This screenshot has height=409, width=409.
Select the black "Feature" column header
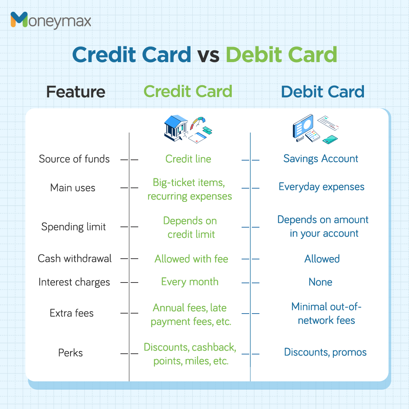[x=76, y=92]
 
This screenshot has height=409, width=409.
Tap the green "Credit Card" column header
[x=188, y=92]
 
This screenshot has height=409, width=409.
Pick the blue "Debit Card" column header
[x=323, y=92]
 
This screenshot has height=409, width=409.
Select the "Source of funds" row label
[x=74, y=159]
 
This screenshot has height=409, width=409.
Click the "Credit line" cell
[x=188, y=159]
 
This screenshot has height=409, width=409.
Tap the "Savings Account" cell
[x=321, y=159]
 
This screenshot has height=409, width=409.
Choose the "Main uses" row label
[x=73, y=188]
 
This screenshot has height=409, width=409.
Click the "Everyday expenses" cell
[x=322, y=187]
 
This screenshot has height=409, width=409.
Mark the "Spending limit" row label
[x=73, y=227]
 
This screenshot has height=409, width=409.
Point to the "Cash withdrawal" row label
[x=75, y=259]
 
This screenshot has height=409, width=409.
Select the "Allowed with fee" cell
[x=191, y=259]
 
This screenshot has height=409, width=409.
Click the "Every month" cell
[x=190, y=282]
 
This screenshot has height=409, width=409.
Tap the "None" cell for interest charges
[x=320, y=282]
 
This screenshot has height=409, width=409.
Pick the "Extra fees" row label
[x=72, y=313]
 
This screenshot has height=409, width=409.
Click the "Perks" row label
[x=70, y=353]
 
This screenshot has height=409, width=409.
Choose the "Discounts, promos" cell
[x=325, y=352]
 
